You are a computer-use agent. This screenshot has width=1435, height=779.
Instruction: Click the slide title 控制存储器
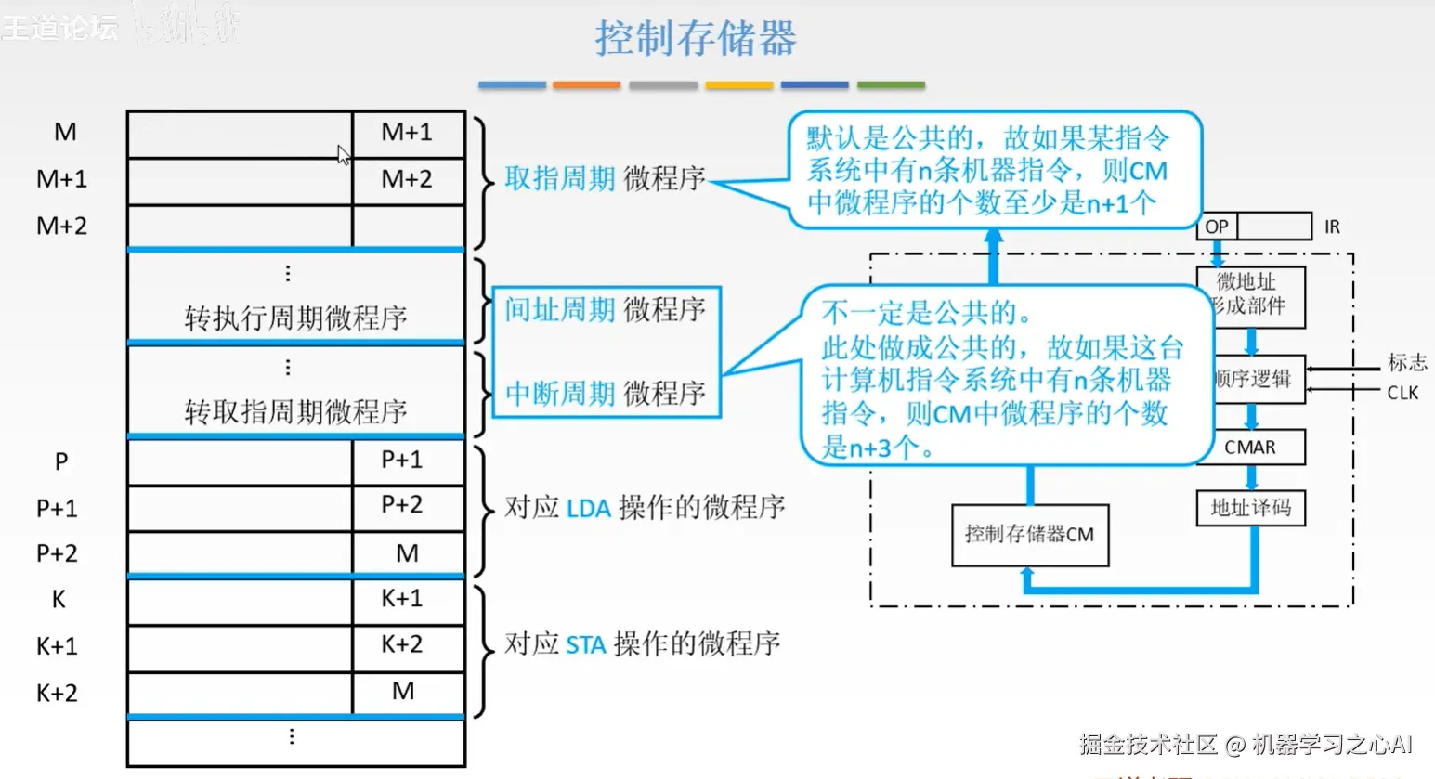[x=695, y=39]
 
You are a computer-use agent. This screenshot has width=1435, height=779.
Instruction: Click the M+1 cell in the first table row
[x=407, y=133]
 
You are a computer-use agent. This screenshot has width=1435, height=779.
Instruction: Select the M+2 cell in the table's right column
[x=407, y=179]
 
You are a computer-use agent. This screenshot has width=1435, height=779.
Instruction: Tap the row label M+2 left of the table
[x=61, y=226]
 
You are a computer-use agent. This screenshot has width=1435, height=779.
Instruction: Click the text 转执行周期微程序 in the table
[x=295, y=318]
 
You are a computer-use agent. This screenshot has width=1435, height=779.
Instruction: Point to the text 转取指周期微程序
[x=295, y=411]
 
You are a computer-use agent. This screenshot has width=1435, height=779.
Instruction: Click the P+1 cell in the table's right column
[x=402, y=460]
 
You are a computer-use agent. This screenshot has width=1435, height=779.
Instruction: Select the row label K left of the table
[x=59, y=600]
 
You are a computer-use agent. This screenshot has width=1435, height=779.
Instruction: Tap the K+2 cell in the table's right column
[x=402, y=644]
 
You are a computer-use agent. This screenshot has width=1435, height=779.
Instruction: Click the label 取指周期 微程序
[x=605, y=178]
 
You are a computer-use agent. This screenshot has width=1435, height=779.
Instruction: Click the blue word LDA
[x=589, y=509]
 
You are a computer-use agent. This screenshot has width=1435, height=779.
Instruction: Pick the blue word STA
[x=586, y=645]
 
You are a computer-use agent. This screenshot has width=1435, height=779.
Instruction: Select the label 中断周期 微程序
[x=605, y=394]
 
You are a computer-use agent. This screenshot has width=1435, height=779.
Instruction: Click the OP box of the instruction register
[x=1217, y=227]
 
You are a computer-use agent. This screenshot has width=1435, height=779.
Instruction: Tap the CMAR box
[x=1250, y=448]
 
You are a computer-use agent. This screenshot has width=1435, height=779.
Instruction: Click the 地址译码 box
[x=1250, y=508]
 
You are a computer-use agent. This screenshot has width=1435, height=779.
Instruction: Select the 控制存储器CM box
[x=1029, y=535]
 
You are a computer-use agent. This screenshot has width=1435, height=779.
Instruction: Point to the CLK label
[x=1402, y=393]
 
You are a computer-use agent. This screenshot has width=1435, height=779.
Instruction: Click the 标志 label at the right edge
[x=1406, y=362]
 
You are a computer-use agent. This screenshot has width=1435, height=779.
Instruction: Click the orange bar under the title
[x=586, y=85]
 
